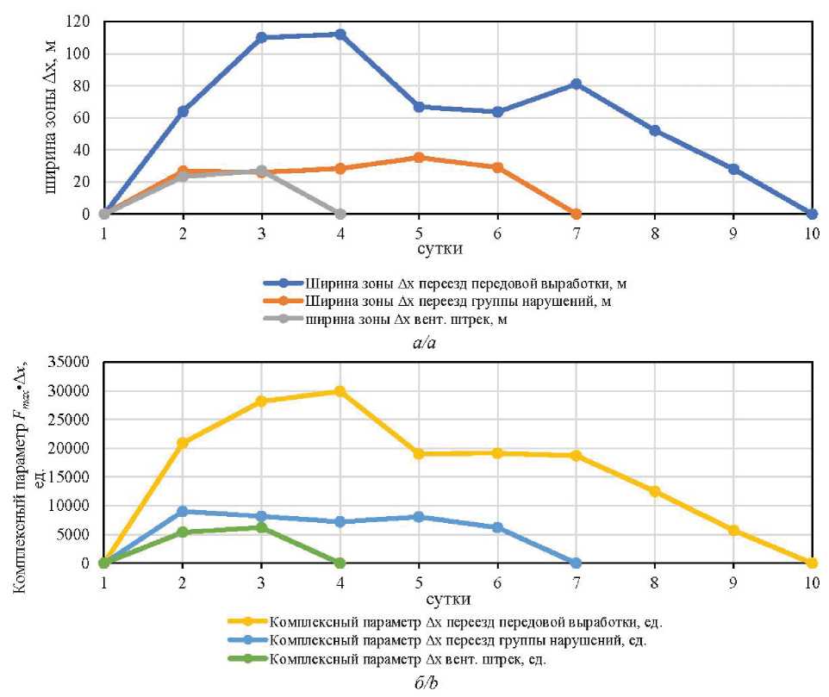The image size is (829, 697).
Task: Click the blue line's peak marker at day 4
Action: [340, 34]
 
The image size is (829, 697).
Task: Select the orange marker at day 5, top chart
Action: [419, 158]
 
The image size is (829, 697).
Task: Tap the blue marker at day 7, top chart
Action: [576, 84]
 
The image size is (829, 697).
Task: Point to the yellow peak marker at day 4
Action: [340, 391]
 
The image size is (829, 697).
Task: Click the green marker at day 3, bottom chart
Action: [261, 527]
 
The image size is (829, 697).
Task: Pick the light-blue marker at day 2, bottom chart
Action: [183, 511]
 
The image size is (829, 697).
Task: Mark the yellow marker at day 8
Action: [655, 491]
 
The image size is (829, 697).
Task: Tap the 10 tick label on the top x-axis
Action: [812, 233]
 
